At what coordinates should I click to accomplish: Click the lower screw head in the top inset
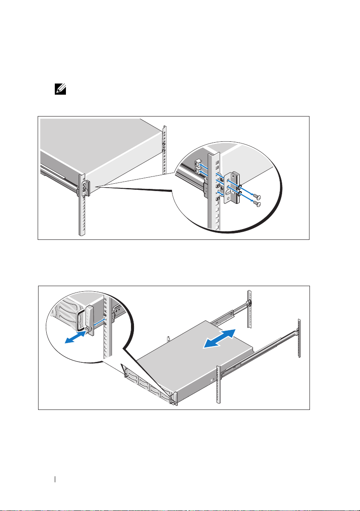[x=256, y=204]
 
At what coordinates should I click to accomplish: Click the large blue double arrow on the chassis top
[x=220, y=339]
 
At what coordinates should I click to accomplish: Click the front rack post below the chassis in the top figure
[x=82, y=214]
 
